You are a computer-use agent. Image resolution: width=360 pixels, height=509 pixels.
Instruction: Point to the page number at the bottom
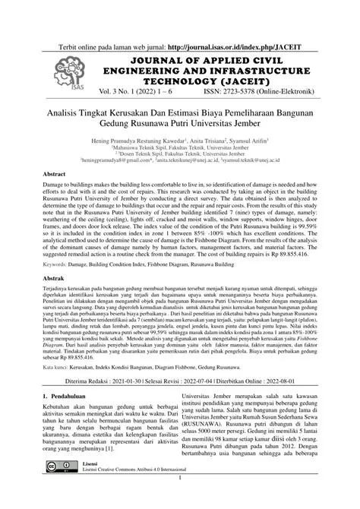[179, 499]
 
